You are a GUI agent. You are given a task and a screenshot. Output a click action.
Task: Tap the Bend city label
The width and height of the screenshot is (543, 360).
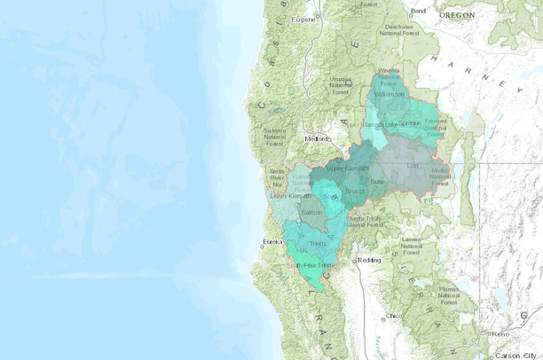pyautogui.click(x=418, y=10)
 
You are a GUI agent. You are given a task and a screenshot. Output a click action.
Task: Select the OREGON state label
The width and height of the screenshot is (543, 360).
pyautogui.click(x=455, y=15)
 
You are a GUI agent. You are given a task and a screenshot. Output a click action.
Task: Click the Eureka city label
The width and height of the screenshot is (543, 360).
pyautogui.click(x=271, y=241)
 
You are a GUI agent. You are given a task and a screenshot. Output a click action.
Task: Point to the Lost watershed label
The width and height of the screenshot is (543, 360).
pyautogui.click(x=412, y=165)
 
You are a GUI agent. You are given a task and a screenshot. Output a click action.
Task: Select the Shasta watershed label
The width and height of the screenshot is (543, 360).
pyautogui.click(x=355, y=192)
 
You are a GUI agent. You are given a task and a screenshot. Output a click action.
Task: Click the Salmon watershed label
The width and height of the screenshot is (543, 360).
pyautogui.click(x=311, y=214)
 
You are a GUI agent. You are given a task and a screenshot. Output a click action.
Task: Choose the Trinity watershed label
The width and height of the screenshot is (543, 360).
pyautogui.click(x=317, y=243)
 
